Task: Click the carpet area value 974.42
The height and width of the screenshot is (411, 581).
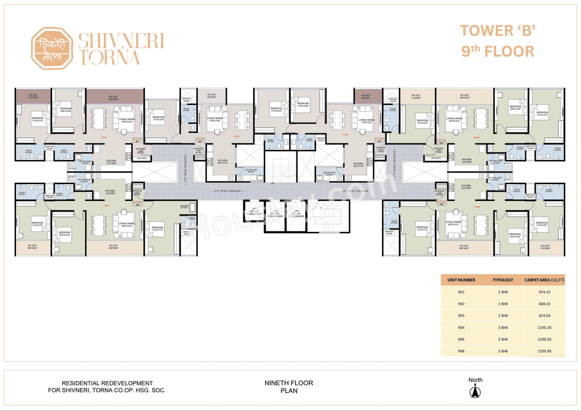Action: point(545,292)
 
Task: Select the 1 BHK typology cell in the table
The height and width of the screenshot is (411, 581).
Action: point(503,304)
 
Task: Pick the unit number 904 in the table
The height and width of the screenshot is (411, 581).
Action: point(461,328)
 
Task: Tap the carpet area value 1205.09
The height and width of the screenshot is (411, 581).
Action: point(545,351)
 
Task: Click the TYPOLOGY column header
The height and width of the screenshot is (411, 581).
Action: point(503,280)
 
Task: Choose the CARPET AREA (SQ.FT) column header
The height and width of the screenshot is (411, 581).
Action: point(544,280)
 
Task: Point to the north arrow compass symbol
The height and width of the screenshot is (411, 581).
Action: point(475,391)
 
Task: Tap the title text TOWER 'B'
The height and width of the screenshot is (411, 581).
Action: point(498,31)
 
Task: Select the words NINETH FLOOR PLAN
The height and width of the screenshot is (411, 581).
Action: point(289,387)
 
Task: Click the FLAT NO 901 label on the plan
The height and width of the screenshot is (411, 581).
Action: point(137,140)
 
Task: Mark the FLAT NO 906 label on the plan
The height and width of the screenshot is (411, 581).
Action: point(137,204)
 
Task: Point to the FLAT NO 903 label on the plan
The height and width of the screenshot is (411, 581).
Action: point(379,140)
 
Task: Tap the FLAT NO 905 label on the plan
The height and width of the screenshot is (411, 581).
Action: point(440,204)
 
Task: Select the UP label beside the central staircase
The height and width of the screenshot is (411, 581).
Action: point(272,184)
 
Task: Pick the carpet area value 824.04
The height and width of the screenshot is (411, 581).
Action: point(545,316)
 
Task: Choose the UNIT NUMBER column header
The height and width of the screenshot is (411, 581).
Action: point(461,280)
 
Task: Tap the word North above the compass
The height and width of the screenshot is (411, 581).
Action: point(475,380)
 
